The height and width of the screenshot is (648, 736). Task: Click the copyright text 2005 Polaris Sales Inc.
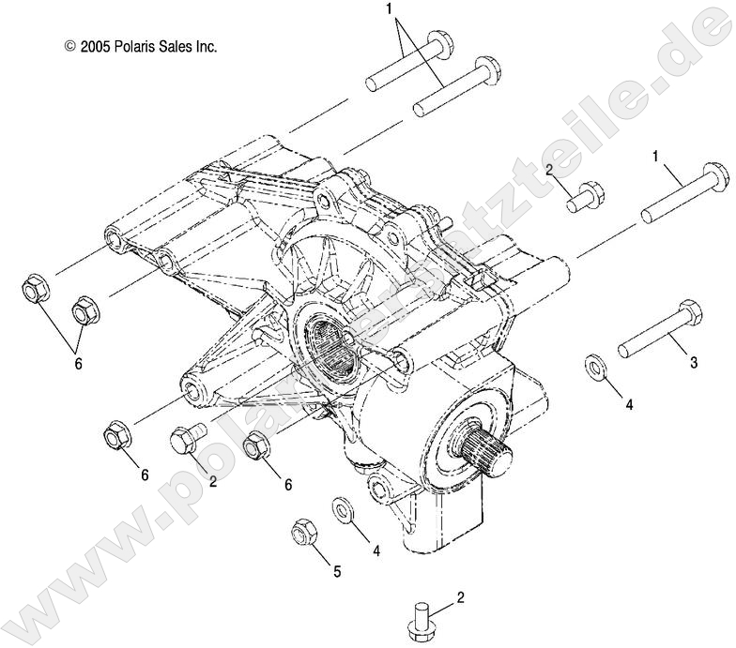(140, 45)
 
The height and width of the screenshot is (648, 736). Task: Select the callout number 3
(693, 362)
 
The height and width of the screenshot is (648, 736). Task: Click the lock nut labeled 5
(302, 532)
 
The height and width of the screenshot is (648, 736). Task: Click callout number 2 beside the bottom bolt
(459, 597)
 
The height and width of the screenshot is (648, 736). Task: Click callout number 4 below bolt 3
(630, 405)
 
